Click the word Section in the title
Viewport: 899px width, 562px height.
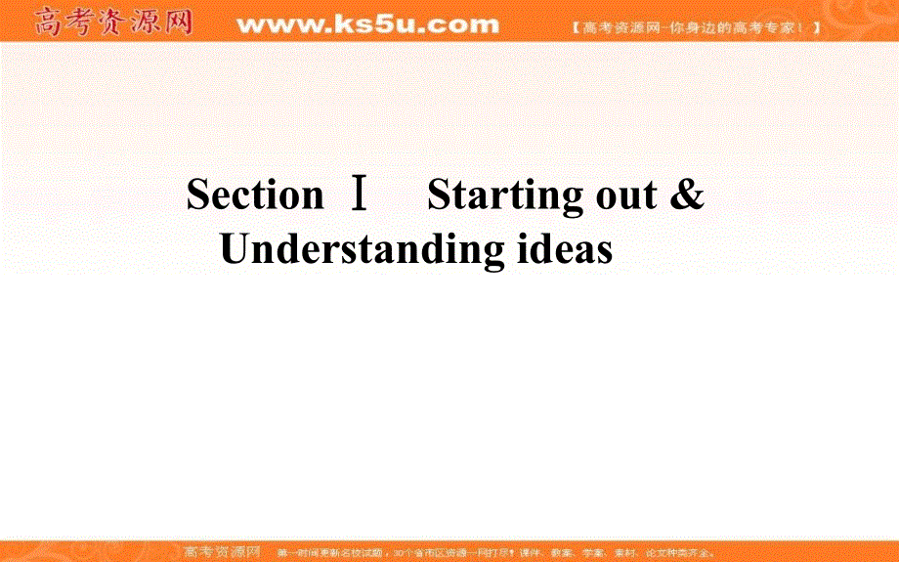click(254, 195)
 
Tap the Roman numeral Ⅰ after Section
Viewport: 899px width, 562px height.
click(359, 195)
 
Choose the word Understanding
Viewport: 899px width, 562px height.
click(361, 250)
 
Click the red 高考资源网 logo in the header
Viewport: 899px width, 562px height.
click(113, 22)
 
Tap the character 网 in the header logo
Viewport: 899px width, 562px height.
click(177, 22)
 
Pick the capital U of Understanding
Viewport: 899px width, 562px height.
click(237, 249)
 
